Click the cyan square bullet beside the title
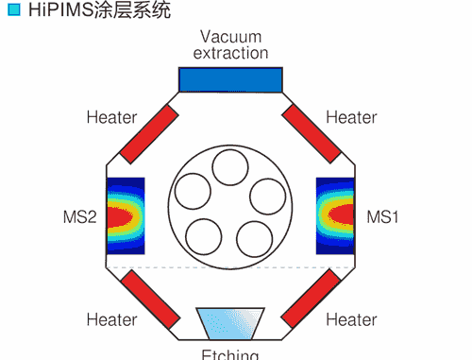pyautogui.click(x=13, y=11)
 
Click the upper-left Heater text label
pyautogui.click(x=111, y=118)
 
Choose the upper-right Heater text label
pyautogui.click(x=351, y=118)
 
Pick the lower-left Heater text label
pyautogui.click(x=111, y=320)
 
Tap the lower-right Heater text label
pyautogui.click(x=351, y=320)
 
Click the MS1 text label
pyautogui.click(x=382, y=217)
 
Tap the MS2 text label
pyautogui.click(x=80, y=217)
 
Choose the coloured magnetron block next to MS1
pyautogui.click(x=335, y=216)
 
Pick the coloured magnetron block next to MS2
pyautogui.click(x=125, y=216)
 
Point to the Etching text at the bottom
pyautogui.click(x=230, y=355)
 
